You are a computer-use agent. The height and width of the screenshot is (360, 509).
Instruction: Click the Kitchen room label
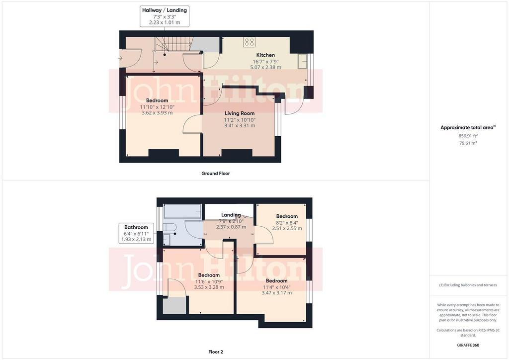pyautogui.click(x=265, y=55)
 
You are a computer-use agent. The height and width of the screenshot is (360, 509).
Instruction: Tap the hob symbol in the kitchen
pyautogui.click(x=250, y=42)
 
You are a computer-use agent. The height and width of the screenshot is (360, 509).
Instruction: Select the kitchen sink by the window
pyautogui.click(x=303, y=61)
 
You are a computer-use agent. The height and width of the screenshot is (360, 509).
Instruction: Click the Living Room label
pyautogui.click(x=240, y=113)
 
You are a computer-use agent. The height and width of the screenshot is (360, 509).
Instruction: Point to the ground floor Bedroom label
pyautogui.click(x=157, y=100)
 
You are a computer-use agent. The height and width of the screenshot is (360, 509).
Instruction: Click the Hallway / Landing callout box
pyautogui.click(x=165, y=16)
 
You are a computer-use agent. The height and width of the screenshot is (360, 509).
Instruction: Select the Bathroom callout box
pyautogui.click(x=136, y=233)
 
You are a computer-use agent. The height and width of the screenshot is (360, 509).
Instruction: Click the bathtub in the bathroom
pyautogui.click(x=182, y=211)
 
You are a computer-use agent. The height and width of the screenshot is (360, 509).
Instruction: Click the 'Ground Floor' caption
pyautogui.click(x=216, y=174)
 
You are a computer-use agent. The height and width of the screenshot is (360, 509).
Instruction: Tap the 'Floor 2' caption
pyautogui.click(x=216, y=352)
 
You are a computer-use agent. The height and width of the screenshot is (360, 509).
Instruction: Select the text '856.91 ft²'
pyautogui.click(x=468, y=136)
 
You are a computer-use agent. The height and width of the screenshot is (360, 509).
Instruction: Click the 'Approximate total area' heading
pyautogui.click(x=467, y=128)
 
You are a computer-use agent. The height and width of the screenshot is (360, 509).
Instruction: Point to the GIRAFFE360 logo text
pyautogui.click(x=468, y=345)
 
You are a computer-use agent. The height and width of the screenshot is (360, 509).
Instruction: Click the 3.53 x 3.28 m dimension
pyautogui.click(x=209, y=287)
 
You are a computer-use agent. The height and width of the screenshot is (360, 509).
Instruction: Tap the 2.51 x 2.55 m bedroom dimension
pyautogui.click(x=287, y=228)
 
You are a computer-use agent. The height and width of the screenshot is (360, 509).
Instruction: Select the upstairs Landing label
pyautogui.click(x=231, y=215)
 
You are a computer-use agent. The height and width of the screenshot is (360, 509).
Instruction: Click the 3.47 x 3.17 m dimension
pyautogui.click(x=276, y=292)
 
